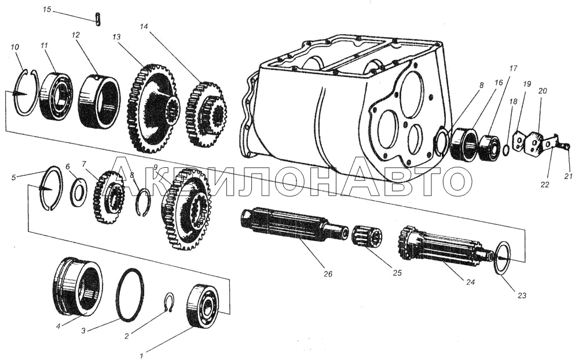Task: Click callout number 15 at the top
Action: [47, 10]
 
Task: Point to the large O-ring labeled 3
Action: [129, 295]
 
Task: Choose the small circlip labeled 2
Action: [168, 303]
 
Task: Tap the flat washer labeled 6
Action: [79, 192]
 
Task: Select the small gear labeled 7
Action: [109, 197]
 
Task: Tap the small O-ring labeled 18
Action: [506, 150]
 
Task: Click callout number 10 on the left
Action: [15, 46]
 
